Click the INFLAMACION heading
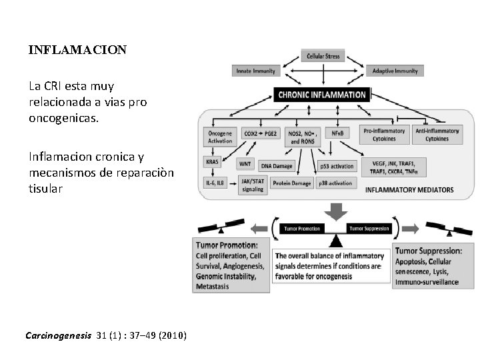(77, 50)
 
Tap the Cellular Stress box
(323, 56)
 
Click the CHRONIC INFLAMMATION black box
(322, 95)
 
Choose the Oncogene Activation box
(220, 136)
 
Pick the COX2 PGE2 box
(261, 133)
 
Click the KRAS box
(213, 161)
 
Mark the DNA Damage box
(276, 166)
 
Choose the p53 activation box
(337, 166)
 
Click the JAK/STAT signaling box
(253, 185)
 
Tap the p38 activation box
(335, 183)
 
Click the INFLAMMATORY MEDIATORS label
(409, 190)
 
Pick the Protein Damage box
(292, 183)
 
